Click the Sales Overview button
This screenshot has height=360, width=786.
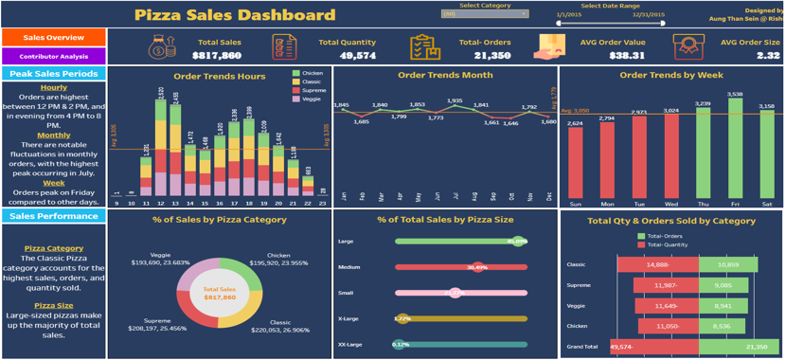[x=53, y=38]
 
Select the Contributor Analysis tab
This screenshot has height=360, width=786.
[x=53, y=57]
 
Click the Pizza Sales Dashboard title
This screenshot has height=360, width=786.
[x=235, y=14]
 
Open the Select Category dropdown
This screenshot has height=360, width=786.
[x=485, y=14]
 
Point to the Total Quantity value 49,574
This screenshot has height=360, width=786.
[x=357, y=56]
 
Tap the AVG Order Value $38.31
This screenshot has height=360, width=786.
[x=626, y=56]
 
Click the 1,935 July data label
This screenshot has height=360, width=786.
[x=455, y=100]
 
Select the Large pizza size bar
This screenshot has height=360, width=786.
[x=460, y=242]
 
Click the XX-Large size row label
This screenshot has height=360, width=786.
[x=349, y=345]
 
